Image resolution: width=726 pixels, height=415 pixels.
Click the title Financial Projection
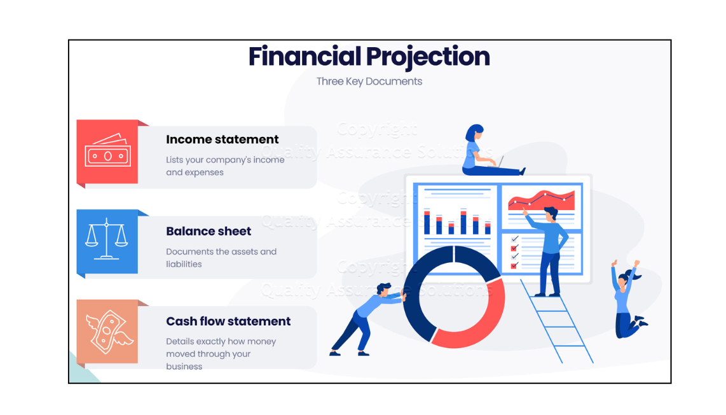[369, 57]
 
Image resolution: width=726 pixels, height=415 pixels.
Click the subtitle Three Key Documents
[369, 81]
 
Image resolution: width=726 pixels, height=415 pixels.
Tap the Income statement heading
[223, 139]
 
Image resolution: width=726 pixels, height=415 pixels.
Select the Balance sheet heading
[209, 231]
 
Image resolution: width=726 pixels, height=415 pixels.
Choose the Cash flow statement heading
[228, 321]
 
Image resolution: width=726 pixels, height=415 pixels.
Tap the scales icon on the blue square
[107, 238]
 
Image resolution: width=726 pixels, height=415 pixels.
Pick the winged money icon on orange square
[109, 332]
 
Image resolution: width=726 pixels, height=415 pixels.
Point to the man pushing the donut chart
[368, 320]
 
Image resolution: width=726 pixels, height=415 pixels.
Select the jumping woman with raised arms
[628, 299]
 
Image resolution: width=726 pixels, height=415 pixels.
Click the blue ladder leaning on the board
[556, 321]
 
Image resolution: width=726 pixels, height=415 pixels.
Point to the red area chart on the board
[541, 200]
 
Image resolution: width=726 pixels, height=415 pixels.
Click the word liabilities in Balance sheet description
[184, 264]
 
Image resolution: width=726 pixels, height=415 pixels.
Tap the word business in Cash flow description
[184, 367]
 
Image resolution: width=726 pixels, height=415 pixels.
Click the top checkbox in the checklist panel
[514, 239]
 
